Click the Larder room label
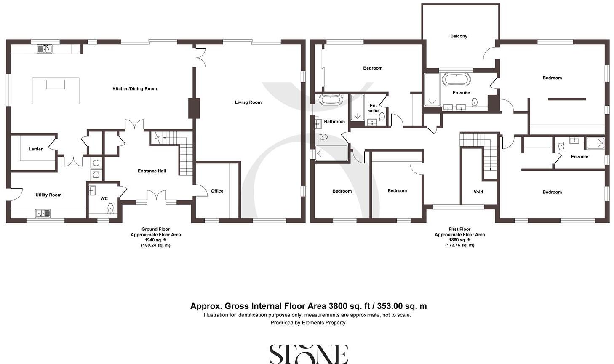click(x=35, y=149)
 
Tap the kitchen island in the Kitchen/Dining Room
click(x=56, y=91)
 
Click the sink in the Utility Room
click(x=43, y=214)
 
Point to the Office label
click(x=217, y=191)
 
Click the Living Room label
click(x=248, y=102)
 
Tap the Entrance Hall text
click(x=152, y=171)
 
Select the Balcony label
click(x=459, y=36)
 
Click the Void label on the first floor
click(x=478, y=192)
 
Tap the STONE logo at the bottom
click(x=308, y=354)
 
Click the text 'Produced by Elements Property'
click(x=308, y=323)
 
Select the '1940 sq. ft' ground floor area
click(x=155, y=240)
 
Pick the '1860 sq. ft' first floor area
click(x=459, y=240)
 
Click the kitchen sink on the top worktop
click(x=45, y=49)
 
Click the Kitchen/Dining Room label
click(x=134, y=89)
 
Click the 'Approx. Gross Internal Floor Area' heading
click(x=308, y=306)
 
